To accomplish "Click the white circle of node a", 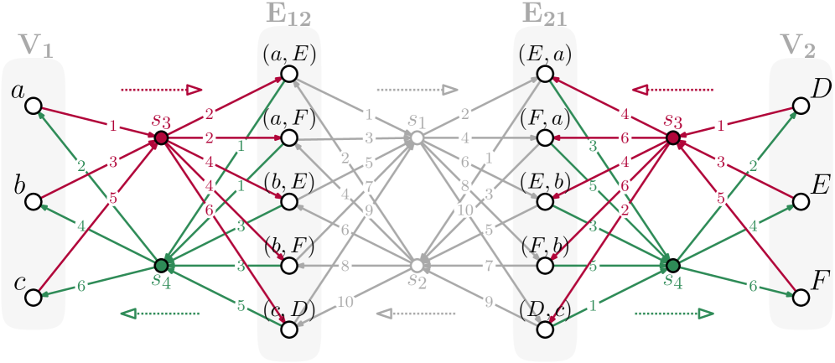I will tap(34, 106).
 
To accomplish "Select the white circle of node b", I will tap(34, 202).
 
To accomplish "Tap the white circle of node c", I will tap(34, 297).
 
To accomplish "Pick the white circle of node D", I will tap(801, 106).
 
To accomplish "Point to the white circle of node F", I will tap(801, 297).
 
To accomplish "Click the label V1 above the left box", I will tap(36, 47).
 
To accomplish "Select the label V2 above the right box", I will tap(797, 47).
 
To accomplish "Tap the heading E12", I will tap(289, 13).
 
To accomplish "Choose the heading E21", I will tap(546, 13).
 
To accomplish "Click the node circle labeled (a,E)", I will tap(289, 75).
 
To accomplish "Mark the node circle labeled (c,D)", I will tap(289, 329).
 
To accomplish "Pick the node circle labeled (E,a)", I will tap(546, 75).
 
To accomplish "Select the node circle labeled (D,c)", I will tap(546, 329).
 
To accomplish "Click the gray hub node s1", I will tap(417, 137).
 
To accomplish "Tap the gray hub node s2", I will tap(417, 265).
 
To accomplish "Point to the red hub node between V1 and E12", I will tap(162, 137).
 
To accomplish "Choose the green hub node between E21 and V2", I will tap(673, 265).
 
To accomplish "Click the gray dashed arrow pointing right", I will tap(417, 89).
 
